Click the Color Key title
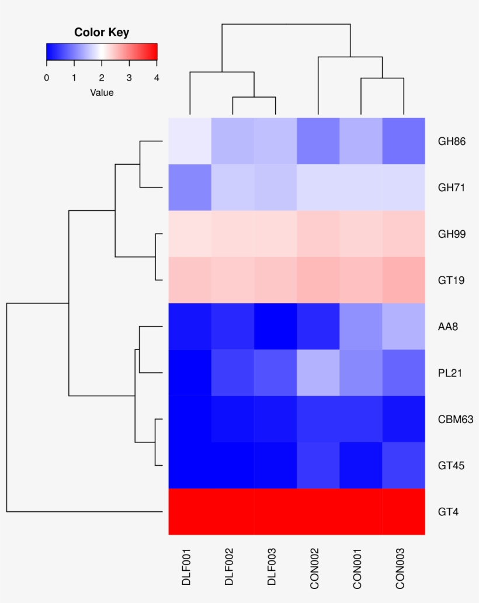(102, 32)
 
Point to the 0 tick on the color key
(47, 78)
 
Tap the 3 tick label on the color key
(129, 78)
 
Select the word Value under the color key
(102, 93)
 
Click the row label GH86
(452, 141)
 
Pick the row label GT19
(452, 280)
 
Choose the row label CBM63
(456, 419)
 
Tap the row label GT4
(448, 512)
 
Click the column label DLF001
(186, 567)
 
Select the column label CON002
(314, 569)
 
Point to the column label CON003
(400, 569)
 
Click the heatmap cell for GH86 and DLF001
(190, 141)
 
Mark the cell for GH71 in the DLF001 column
(190, 188)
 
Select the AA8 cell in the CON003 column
(404, 327)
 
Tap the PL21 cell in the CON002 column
(318, 373)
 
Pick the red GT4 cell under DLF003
(276, 512)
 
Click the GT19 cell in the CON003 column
(404, 280)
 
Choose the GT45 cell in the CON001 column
(361, 465)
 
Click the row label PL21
(450, 373)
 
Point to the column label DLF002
(229, 567)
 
